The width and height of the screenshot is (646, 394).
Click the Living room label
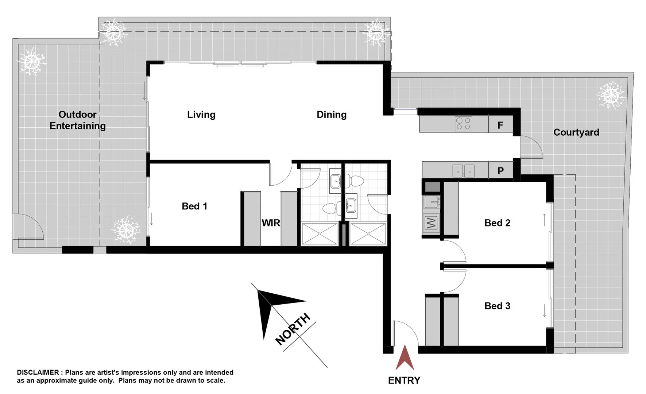(201, 115)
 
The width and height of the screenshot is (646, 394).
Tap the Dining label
(331, 115)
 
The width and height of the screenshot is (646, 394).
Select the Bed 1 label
(194, 206)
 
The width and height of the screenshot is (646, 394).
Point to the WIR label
(271, 223)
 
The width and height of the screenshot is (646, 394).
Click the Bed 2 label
(497, 223)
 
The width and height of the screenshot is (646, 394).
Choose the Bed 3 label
(497, 306)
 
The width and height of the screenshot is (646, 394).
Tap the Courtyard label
(576, 132)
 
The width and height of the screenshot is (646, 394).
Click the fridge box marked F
(500, 125)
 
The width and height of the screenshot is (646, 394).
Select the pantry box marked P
(500, 170)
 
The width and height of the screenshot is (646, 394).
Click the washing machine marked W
(431, 223)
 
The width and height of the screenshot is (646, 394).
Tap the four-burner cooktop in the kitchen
(463, 124)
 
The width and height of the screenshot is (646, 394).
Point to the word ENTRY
(404, 380)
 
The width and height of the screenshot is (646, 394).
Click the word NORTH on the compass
(293, 329)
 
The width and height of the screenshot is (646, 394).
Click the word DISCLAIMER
(38, 372)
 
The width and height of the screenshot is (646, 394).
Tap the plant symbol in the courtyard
(611, 95)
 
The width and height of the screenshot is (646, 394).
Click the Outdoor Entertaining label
(77, 120)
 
